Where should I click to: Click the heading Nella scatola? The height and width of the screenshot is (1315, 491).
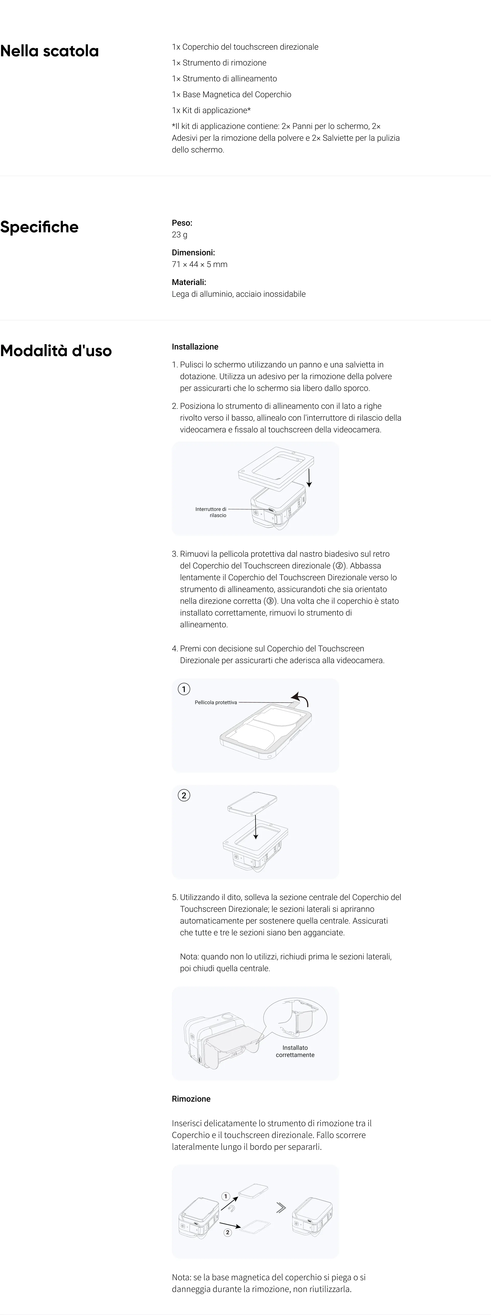[50, 51]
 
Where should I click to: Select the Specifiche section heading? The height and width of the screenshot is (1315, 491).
[39, 227]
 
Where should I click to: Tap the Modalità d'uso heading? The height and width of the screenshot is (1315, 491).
[56, 351]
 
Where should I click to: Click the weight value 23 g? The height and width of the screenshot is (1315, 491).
[180, 235]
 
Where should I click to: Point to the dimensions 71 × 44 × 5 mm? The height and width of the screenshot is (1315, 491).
[199, 265]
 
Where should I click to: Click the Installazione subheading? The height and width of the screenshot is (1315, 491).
[195, 347]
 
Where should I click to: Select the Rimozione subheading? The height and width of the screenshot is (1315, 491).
[191, 1099]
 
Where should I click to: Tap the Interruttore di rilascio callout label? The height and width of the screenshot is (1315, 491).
[211, 512]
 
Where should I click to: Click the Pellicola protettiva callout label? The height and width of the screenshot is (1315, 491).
[216, 703]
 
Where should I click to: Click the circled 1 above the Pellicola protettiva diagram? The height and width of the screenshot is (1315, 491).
[184, 689]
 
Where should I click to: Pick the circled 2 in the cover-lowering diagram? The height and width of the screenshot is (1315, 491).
[184, 795]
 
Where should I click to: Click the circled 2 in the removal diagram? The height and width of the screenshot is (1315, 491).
[228, 1232]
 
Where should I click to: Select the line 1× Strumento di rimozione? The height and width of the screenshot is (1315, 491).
[219, 63]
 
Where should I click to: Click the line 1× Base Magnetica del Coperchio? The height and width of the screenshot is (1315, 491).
[231, 94]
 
